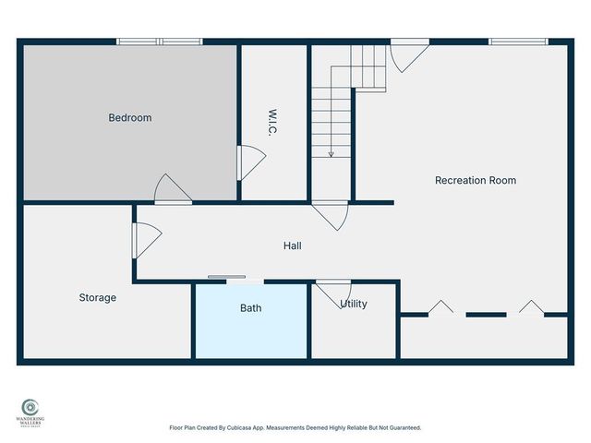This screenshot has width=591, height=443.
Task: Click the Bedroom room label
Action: (129, 117)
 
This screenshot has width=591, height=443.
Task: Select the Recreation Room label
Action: (475, 180)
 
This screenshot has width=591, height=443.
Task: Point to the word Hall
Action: (292, 245)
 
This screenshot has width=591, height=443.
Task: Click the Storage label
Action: (97, 297)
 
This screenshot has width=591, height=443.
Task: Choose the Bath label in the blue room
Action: (250, 307)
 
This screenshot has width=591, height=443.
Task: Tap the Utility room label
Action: (354, 304)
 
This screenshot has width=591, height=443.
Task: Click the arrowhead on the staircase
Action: (330, 153)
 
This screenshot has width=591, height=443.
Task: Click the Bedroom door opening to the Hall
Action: (171, 189)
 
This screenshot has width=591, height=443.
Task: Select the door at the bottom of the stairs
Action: (331, 214)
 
